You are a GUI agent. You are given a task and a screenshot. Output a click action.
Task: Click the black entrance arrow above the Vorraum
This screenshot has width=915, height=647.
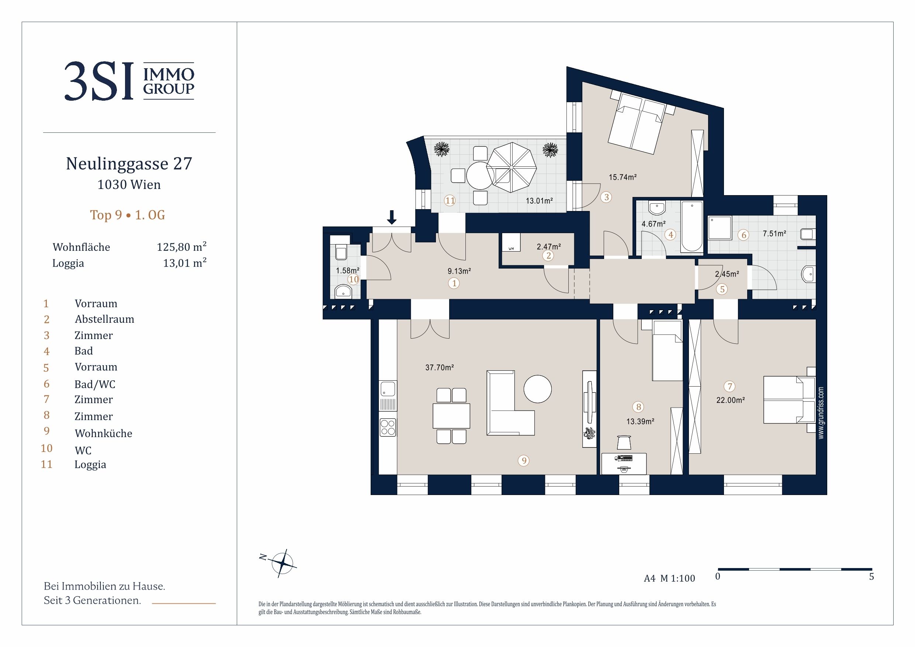(x=392, y=217)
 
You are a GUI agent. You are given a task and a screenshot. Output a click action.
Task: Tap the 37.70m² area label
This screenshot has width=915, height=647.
(x=440, y=367)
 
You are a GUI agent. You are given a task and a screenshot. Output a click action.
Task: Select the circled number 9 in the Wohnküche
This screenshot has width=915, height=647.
(x=524, y=461)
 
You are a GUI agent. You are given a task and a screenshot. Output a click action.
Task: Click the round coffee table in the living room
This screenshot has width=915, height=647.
(x=538, y=389)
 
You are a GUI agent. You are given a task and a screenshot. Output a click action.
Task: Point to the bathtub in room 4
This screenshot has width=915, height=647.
(x=692, y=227)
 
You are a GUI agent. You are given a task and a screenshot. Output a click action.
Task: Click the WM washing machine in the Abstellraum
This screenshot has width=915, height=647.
(x=511, y=243)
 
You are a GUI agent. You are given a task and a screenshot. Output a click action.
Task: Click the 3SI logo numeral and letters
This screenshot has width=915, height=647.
(x=99, y=81)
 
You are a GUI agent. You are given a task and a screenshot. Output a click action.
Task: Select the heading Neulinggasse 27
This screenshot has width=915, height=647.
(x=129, y=163)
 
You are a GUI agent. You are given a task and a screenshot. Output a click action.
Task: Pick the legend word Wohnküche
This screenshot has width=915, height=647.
(x=104, y=433)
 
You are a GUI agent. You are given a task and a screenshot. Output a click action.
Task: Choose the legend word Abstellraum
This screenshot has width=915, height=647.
(x=104, y=319)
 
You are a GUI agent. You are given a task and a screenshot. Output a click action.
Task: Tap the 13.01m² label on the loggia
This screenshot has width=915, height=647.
(x=539, y=201)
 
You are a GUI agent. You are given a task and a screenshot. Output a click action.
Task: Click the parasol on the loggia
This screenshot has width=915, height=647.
(x=510, y=167)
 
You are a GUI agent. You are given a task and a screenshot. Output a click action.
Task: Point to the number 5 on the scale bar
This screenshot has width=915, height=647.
(x=871, y=577)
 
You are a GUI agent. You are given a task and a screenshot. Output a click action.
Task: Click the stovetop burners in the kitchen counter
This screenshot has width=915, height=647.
(x=388, y=427)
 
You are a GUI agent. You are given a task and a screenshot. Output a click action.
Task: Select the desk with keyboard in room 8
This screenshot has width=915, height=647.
(x=624, y=464)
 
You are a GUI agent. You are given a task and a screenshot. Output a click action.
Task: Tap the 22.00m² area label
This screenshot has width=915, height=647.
(x=731, y=400)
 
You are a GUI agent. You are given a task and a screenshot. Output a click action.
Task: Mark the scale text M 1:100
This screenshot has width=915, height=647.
(x=677, y=578)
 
